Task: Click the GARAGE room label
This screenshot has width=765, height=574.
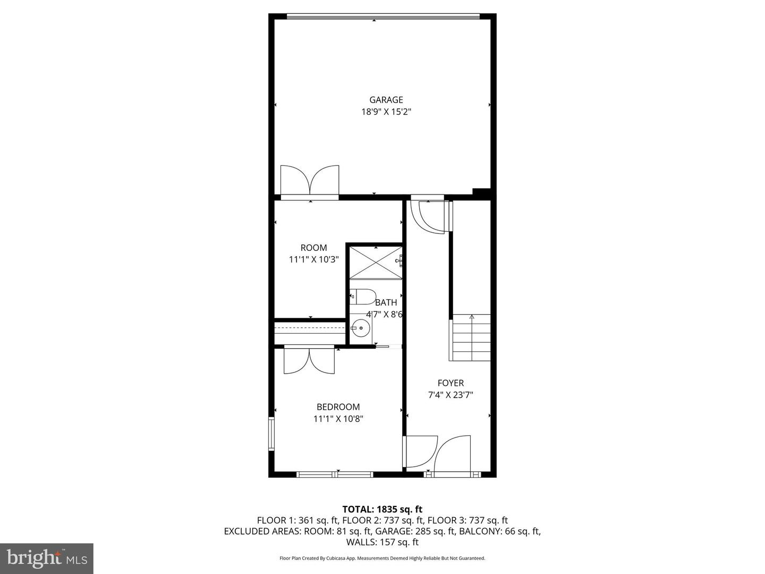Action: pos(386,99)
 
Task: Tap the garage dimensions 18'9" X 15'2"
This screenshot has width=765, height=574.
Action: pos(386,112)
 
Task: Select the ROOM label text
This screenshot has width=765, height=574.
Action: pos(313,248)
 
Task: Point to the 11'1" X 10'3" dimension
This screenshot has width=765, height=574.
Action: pos(313,259)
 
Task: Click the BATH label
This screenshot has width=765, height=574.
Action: pos(386,302)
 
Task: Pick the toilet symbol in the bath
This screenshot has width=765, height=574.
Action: pos(363,297)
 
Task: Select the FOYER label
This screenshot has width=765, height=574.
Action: pos(450,383)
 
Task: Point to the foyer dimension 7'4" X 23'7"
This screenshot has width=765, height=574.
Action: pos(450,395)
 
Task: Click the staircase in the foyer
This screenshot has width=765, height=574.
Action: pos(471,338)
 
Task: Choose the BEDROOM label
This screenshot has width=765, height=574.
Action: pos(338,407)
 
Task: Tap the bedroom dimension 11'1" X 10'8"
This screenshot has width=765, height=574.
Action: pos(338,419)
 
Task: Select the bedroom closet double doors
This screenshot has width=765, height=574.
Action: pos(309,360)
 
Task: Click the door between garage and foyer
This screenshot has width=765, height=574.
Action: pos(430,216)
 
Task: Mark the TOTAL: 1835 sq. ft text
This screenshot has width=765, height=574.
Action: pos(382,509)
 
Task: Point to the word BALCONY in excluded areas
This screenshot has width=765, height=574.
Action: pos(475,531)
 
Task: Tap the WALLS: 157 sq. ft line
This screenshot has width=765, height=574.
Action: pos(382,542)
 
